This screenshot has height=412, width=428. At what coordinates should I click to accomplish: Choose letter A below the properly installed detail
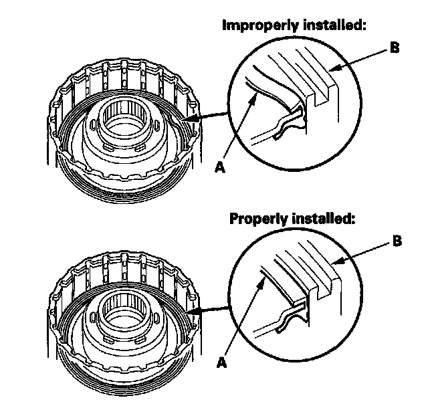click(x=223, y=362)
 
